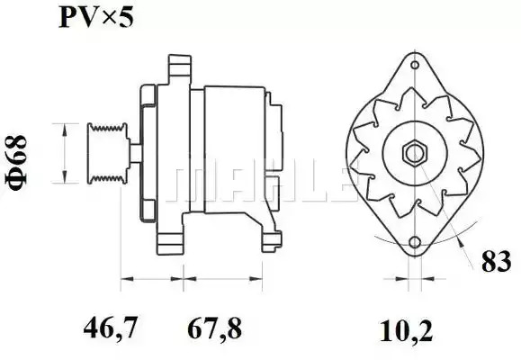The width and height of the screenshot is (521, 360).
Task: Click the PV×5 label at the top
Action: [96, 17]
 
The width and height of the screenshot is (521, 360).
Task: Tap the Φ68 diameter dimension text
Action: [16, 163]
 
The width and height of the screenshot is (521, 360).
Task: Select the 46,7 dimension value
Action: [110, 328]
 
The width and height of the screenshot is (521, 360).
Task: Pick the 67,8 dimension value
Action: [215, 328]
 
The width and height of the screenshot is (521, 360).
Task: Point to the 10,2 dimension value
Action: [407, 330]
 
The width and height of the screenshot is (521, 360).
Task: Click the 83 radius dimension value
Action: [497, 261]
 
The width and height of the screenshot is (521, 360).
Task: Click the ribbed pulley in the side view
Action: [108, 153]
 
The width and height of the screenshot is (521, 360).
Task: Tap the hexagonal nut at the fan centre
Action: [415, 153]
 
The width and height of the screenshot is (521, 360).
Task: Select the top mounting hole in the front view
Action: [415, 65]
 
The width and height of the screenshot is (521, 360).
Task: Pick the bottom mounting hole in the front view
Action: [415, 242]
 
